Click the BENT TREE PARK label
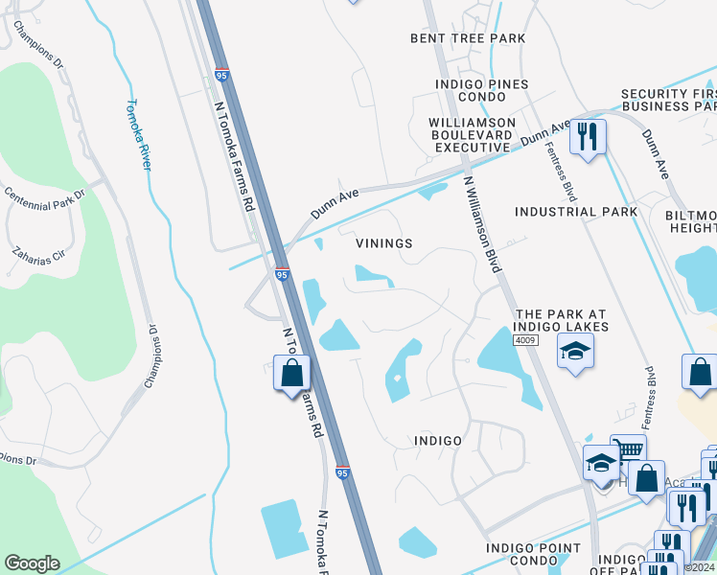coord(468,38)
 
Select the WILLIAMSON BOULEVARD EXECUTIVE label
coord(472,135)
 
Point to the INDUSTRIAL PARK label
coord(576,212)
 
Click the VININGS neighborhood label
coord(384,243)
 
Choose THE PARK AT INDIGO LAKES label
coord(562,320)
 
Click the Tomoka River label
coord(140,135)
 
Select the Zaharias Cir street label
coord(37,252)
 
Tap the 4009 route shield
coord(523,339)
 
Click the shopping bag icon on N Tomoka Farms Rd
coord(292,373)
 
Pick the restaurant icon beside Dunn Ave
coord(587,136)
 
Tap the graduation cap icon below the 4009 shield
coord(575,353)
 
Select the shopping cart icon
coord(627,450)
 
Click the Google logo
coord(32,563)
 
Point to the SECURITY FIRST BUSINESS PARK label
coord(668,100)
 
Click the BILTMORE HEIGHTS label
coord(691,221)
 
